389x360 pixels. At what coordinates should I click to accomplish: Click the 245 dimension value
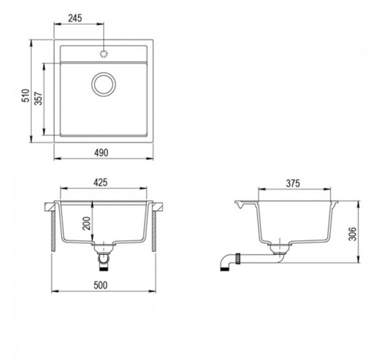tap(75, 18)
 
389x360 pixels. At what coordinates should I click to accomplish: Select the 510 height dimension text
tap(26, 95)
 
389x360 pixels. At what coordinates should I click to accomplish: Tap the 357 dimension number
tap(38, 98)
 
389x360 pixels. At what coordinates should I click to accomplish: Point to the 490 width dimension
tap(101, 153)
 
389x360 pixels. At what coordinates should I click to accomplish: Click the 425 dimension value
tap(101, 182)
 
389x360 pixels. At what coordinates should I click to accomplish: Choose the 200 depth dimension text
tap(86, 223)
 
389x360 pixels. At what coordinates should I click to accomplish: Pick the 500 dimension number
tap(101, 285)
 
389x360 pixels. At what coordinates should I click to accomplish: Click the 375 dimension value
tap(293, 183)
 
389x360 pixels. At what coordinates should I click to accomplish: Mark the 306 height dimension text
tap(352, 233)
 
